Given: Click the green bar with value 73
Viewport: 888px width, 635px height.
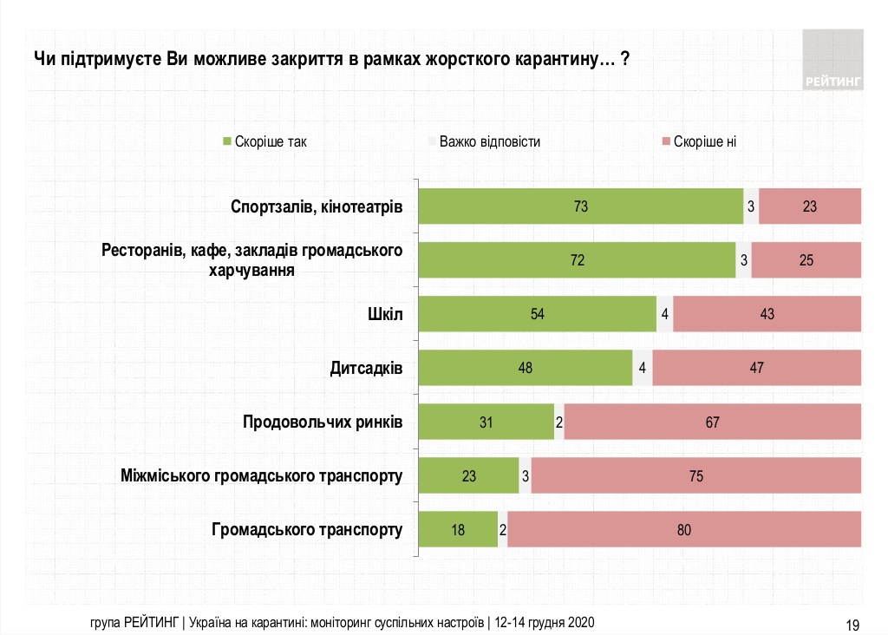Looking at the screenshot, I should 580,206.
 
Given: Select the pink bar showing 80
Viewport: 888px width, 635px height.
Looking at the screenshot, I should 684,529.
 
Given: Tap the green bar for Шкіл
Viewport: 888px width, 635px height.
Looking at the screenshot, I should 537,314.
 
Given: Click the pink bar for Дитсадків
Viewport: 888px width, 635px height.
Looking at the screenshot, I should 756,368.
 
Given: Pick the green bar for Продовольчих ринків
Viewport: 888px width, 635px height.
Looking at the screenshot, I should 486,422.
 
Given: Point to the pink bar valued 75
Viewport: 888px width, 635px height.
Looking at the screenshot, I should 695,475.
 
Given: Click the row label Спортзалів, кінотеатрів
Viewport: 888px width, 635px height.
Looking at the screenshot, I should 317,207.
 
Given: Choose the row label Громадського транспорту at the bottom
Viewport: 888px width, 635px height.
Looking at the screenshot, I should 307,529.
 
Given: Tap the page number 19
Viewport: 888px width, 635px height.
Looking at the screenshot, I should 852,624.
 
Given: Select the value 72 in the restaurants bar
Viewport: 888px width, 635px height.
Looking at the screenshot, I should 577,260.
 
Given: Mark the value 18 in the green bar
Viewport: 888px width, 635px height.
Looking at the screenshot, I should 459,529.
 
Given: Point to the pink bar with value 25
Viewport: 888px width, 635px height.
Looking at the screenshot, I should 806,260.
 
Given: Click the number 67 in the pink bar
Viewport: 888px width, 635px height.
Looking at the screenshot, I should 712,422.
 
